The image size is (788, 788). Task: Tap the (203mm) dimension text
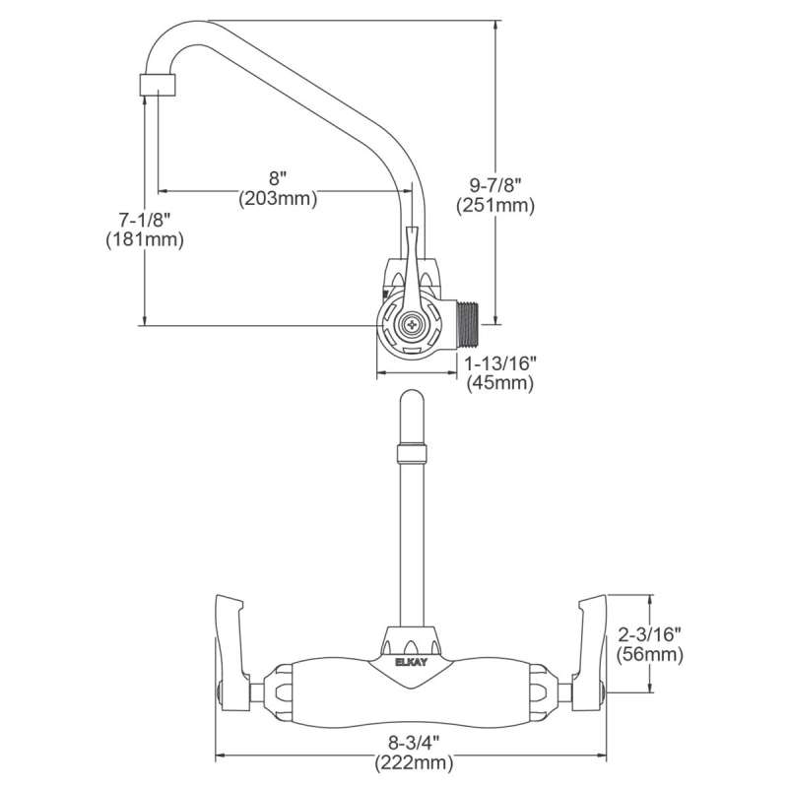[278, 199]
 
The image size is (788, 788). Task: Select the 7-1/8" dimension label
[145, 218]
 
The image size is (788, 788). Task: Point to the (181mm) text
[145, 238]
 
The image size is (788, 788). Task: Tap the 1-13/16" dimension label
[500, 363]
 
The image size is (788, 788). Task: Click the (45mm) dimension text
[500, 383]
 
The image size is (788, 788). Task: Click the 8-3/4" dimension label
[415, 742]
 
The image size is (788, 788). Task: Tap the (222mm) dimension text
[415, 761]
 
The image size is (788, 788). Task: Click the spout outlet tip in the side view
[159, 84]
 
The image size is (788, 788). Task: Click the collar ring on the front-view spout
[412, 453]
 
